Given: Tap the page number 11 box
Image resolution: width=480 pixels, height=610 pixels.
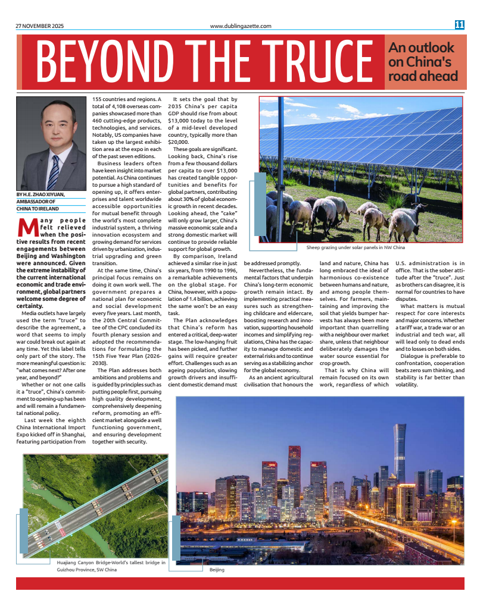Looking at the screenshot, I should pos(459,25).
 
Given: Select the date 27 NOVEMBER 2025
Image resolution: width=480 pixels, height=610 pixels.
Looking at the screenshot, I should pos(39,26).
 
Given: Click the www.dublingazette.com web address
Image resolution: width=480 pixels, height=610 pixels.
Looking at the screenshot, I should pos(241,26).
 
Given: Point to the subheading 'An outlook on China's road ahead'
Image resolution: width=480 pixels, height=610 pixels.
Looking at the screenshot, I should pos(422,62).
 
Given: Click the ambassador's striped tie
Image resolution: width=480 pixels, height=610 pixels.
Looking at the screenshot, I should pos(54,172).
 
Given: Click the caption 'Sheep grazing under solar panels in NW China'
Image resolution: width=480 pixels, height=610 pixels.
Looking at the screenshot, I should pos(356,247).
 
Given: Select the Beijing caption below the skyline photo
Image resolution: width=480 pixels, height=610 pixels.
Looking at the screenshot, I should pos(233,570).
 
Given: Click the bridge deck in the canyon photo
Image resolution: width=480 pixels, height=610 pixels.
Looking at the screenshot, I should pos(95,505).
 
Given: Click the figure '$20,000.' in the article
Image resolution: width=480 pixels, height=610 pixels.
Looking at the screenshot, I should pos(179,142).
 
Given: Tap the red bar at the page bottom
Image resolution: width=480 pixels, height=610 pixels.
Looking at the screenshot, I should pos(239,583).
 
